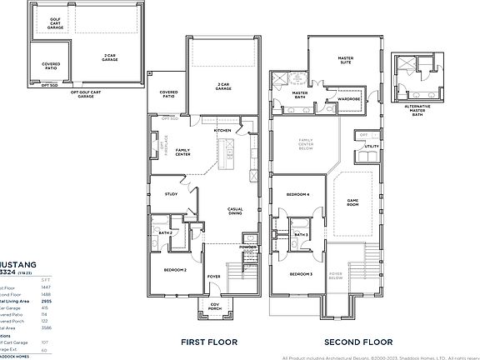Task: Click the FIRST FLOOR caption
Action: click(209, 342)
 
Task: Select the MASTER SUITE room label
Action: click(346, 60)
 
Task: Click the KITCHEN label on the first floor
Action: click(222, 131)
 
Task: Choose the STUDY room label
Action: click(172, 194)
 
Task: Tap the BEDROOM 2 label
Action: click(174, 270)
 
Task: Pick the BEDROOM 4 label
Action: click(298, 194)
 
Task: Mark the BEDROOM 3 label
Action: click(301, 273)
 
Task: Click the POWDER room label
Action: click(247, 247)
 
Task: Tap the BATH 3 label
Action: click(301, 235)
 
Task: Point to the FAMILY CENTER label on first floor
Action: click(182, 152)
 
